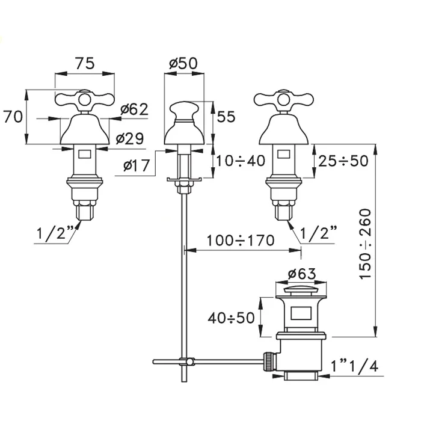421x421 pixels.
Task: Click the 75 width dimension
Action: [85, 64]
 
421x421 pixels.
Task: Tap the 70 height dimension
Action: [14, 116]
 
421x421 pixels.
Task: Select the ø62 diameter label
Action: [134, 109]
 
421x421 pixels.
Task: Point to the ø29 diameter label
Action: [129, 139]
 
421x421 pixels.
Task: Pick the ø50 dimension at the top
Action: [183, 64]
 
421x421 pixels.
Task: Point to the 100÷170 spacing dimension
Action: [240, 241]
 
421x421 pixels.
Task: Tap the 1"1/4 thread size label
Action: [355, 364]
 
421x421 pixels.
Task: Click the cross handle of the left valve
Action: [85, 100]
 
